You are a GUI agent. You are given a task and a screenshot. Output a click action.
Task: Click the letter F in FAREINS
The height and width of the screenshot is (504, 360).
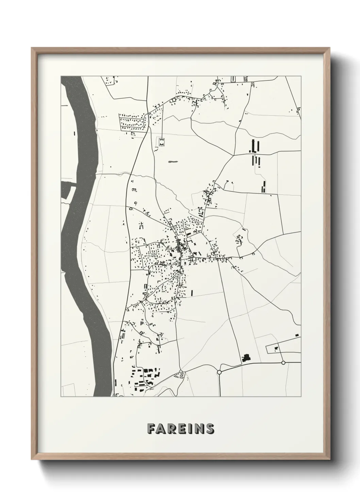pyautogui.click(x=151, y=429)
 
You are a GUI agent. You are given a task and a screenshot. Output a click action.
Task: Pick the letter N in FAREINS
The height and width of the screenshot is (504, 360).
pyautogui.click(x=200, y=429)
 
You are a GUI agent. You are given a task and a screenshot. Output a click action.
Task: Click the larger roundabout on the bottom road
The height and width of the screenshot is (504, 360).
pyautogui.click(x=219, y=372)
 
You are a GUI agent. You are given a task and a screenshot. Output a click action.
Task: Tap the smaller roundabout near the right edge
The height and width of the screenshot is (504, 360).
pyautogui.click(x=283, y=363)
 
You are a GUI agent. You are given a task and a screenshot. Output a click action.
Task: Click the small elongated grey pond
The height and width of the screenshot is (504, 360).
pyautogui.click(x=173, y=162)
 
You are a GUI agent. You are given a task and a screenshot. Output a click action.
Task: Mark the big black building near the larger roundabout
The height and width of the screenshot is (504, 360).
pyautogui.click(x=246, y=358)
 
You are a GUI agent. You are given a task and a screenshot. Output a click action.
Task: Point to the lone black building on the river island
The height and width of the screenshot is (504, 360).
pyautogui.click(x=74, y=133)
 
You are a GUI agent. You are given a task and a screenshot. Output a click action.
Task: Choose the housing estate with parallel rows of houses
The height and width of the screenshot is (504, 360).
pyautogui.click(x=133, y=123)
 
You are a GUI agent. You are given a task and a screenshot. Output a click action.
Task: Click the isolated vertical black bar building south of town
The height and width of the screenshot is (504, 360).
pyautogui.click(x=192, y=292)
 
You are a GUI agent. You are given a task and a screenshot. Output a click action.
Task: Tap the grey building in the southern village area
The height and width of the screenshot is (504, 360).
pyautogui.click(x=142, y=322)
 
